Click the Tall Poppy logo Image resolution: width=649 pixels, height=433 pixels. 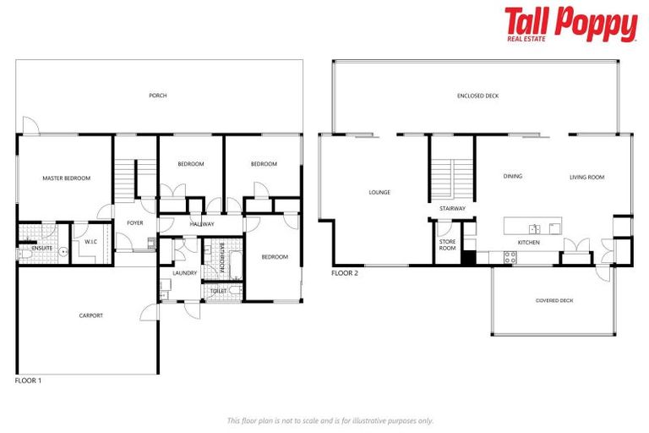pyautogui.click(x=570, y=25)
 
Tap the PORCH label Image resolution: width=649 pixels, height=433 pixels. pyautogui.click(x=157, y=96)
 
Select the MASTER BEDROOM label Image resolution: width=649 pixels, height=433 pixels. pyautogui.click(x=67, y=178)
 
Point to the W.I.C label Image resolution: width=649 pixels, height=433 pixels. pyautogui.click(x=91, y=242)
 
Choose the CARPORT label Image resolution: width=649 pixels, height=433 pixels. pyautogui.click(x=90, y=315)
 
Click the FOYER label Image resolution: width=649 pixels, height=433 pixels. pyautogui.click(x=135, y=223)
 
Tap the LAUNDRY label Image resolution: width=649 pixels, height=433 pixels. pyautogui.click(x=184, y=273)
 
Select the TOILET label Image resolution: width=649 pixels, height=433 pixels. pyautogui.click(x=219, y=291)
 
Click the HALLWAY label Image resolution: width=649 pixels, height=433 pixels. pyautogui.click(x=202, y=224)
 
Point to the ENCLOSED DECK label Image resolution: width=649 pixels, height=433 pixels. pyautogui.click(x=478, y=96)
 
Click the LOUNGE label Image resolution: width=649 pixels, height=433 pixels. pyautogui.click(x=379, y=192)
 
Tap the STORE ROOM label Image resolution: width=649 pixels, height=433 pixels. pyautogui.click(x=447, y=245)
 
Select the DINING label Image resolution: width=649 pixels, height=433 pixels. pyautogui.click(x=512, y=177)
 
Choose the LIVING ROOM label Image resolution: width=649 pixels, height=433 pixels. pyautogui.click(x=586, y=178)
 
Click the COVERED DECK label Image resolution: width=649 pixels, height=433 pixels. pyautogui.click(x=554, y=300)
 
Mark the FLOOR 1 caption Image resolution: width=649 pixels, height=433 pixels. pyautogui.click(x=29, y=381)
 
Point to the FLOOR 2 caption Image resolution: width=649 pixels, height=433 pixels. pyautogui.click(x=345, y=274)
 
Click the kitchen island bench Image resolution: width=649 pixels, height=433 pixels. pyautogui.click(x=533, y=227)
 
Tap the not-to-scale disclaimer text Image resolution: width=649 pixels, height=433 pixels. pyautogui.click(x=330, y=420)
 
